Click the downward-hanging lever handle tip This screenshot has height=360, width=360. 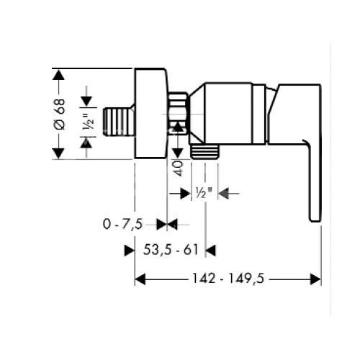click(x=314, y=209)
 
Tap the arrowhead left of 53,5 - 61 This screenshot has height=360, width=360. click(x=130, y=250)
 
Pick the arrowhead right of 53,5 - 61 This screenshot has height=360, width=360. click(x=210, y=250)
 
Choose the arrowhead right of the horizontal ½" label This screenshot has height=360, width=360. click(x=222, y=192)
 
